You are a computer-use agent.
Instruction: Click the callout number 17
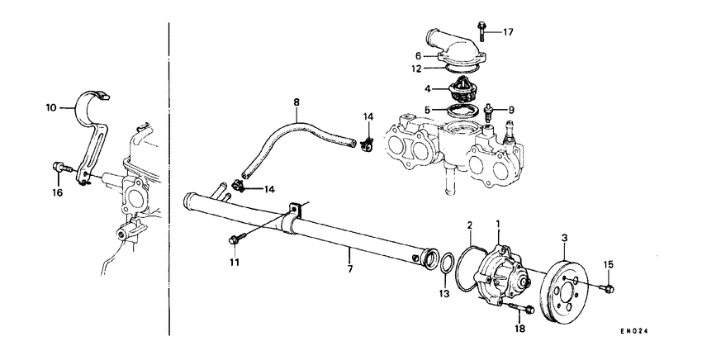click(509, 32)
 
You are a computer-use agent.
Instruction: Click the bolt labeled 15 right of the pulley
click(609, 288)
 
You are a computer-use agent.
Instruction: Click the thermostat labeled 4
click(461, 88)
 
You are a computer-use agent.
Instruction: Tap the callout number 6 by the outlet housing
click(418, 55)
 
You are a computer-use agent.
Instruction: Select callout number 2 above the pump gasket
click(469, 225)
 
